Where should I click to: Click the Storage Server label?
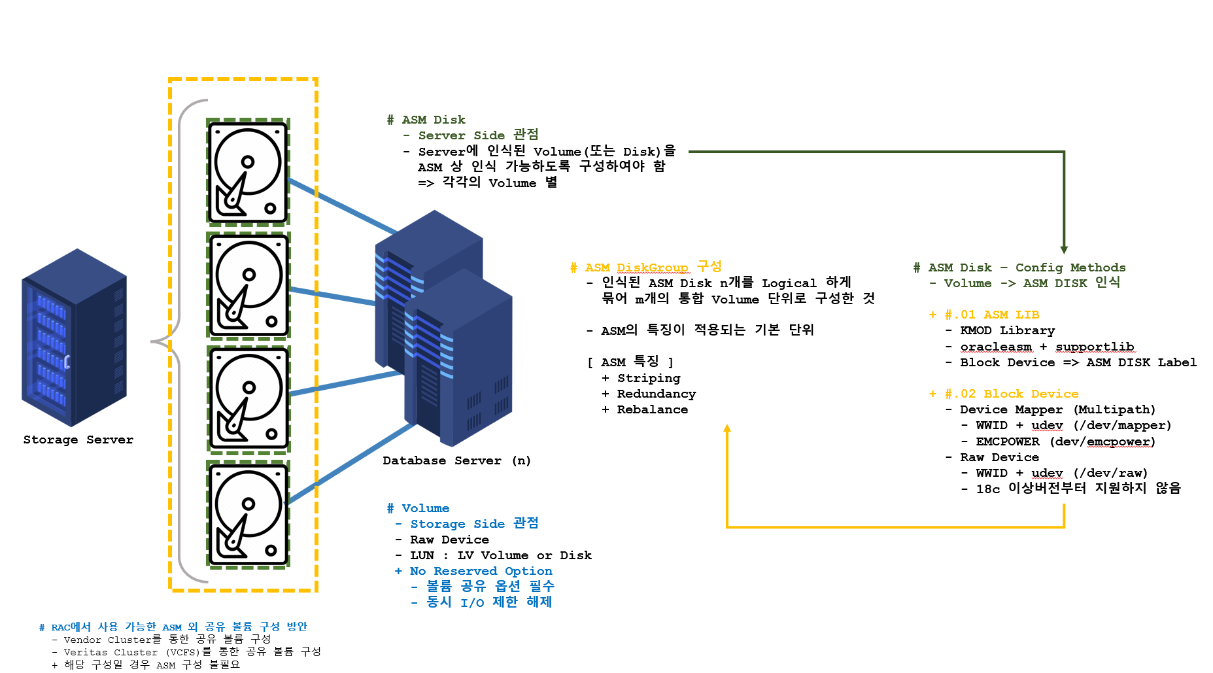click(x=78, y=440)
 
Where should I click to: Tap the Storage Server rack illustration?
click(x=74, y=337)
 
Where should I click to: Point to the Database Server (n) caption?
click(x=456, y=460)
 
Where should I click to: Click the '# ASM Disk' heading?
click(x=426, y=120)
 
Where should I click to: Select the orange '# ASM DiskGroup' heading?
click(x=645, y=267)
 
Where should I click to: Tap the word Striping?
click(x=648, y=378)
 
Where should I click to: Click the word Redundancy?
click(x=656, y=394)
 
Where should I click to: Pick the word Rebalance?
click(x=652, y=409)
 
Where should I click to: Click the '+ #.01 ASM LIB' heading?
click(x=984, y=315)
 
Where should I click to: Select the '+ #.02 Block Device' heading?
click(x=1004, y=394)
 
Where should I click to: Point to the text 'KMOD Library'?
click(x=1007, y=331)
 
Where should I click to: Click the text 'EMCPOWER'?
click(x=1007, y=441)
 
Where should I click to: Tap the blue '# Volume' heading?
click(x=419, y=508)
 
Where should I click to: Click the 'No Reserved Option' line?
click(x=480, y=571)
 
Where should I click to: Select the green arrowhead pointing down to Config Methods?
click(x=1064, y=250)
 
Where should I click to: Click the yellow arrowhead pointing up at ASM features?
click(x=727, y=428)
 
